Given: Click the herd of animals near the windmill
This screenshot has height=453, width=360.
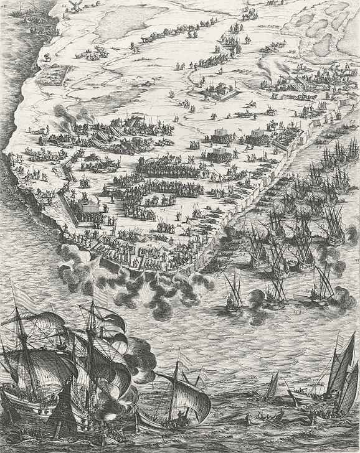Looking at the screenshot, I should pyautogui.click(x=93, y=53).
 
